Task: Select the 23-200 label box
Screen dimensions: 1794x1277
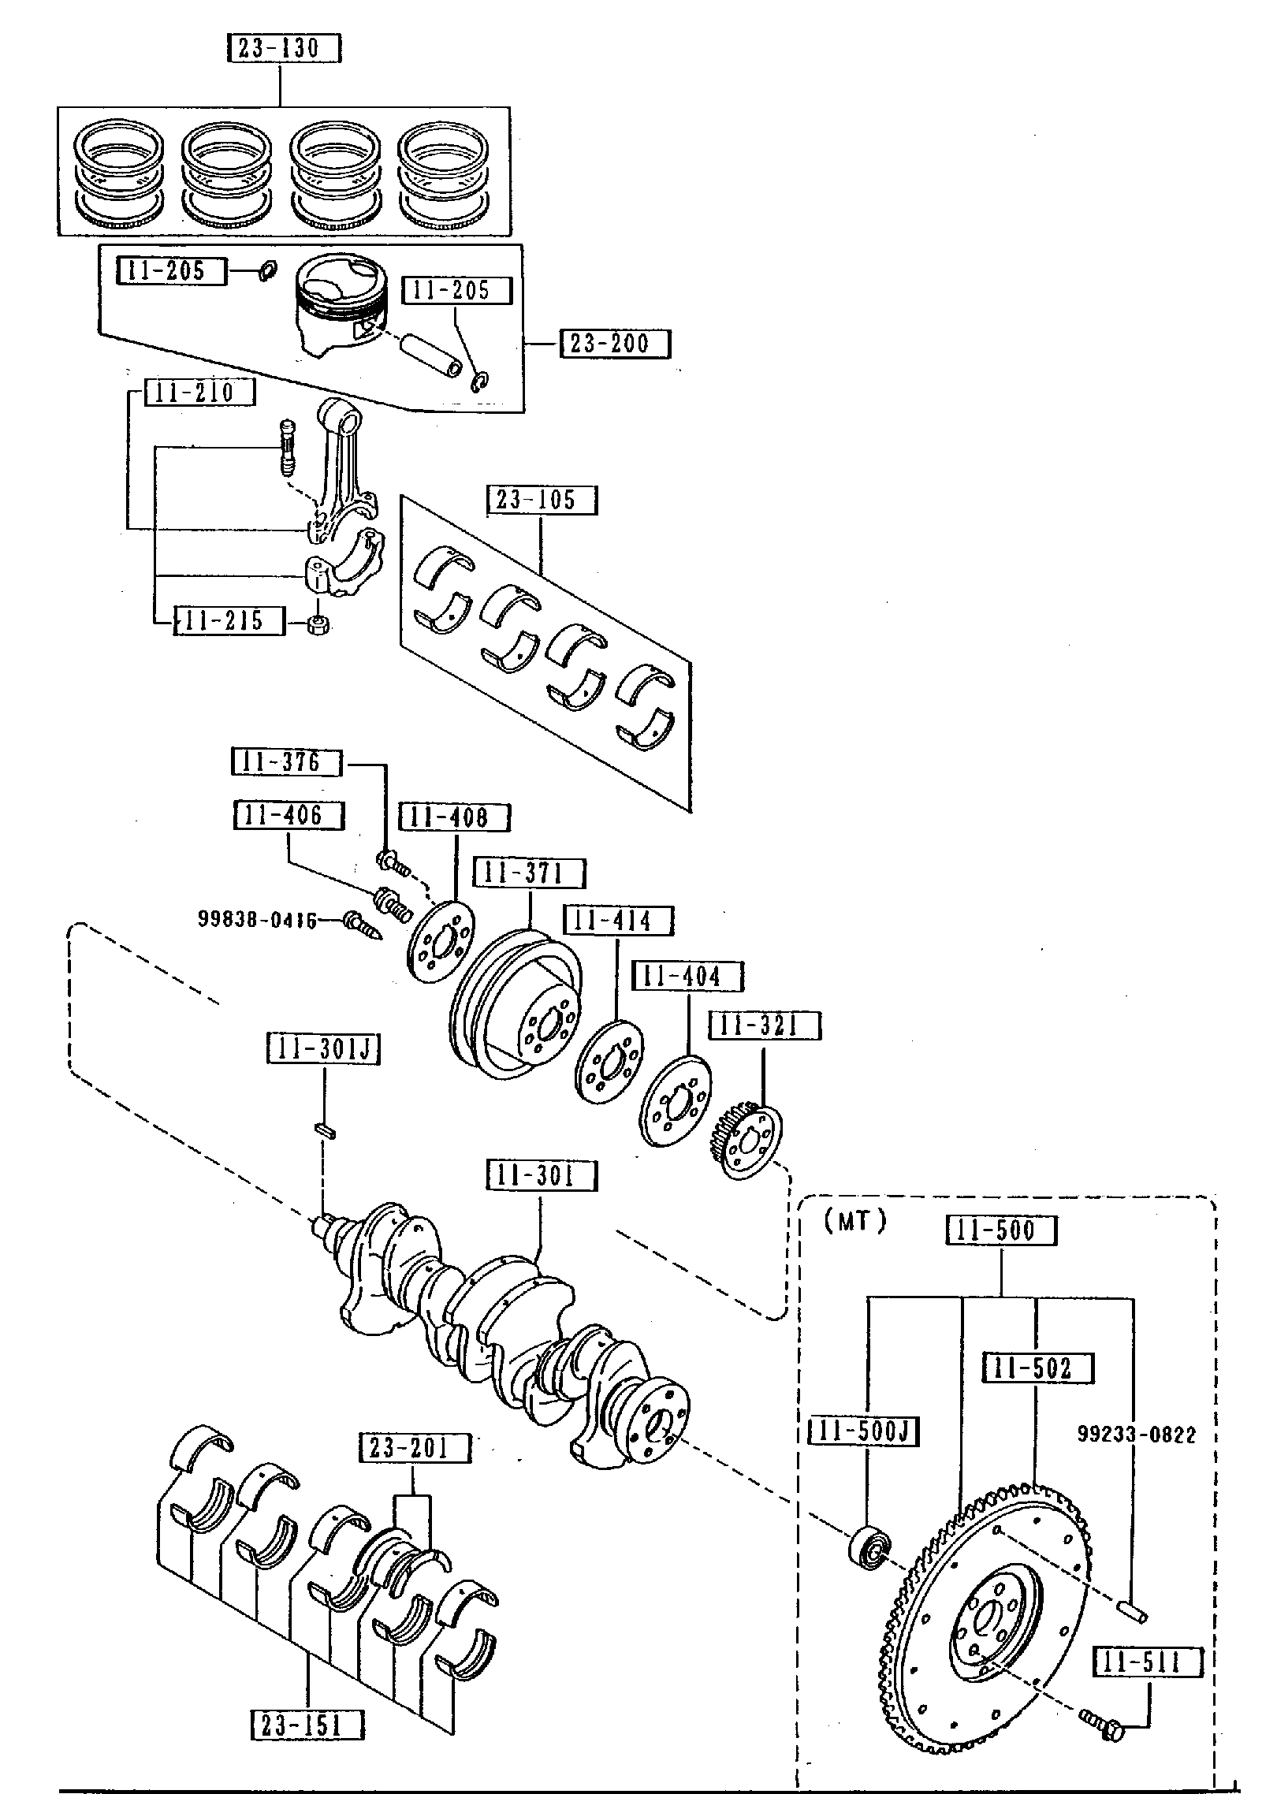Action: click(x=615, y=344)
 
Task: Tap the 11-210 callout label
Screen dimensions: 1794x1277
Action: click(x=199, y=392)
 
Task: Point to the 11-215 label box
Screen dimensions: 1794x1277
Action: click(x=229, y=620)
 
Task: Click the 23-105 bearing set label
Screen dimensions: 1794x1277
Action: click(x=542, y=501)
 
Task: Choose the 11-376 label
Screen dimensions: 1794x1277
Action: click(x=287, y=762)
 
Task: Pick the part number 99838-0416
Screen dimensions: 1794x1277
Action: click(x=257, y=919)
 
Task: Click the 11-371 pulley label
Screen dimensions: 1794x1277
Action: click(x=529, y=873)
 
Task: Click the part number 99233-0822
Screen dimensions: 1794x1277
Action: click(x=1136, y=1435)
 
